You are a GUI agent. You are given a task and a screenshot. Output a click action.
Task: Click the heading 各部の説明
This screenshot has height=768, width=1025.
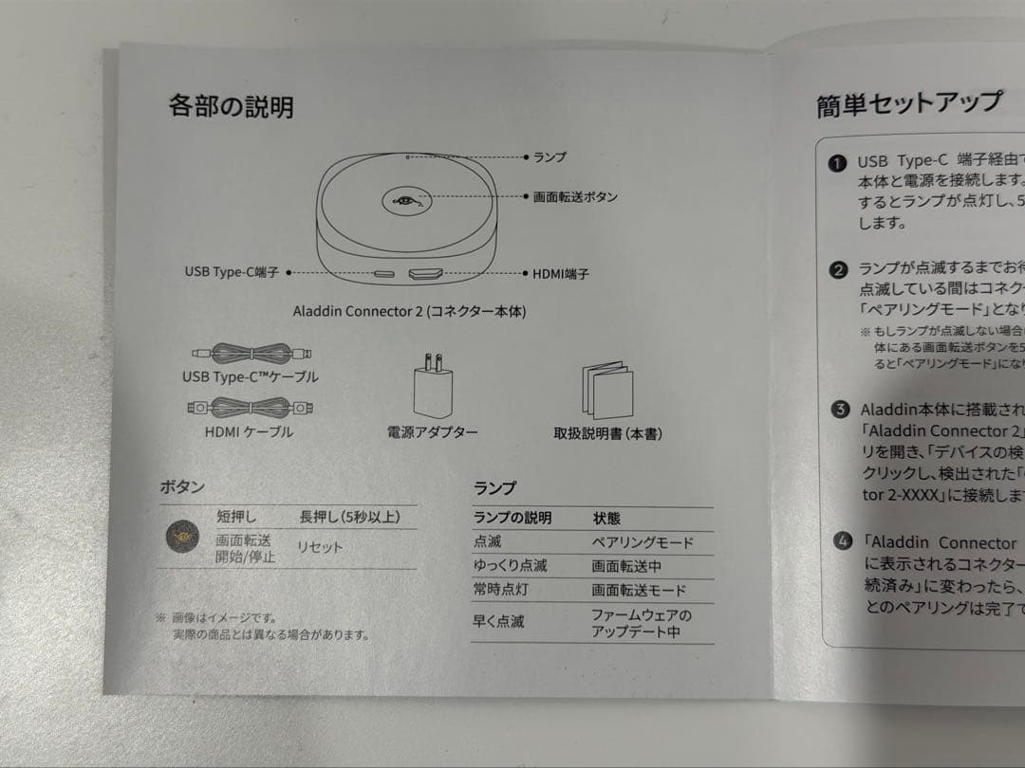231,106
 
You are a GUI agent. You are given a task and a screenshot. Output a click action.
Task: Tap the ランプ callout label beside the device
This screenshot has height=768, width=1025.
550,156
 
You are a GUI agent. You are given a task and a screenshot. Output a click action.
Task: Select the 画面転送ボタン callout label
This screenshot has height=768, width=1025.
575,197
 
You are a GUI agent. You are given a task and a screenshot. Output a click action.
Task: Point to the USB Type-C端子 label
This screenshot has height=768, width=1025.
232,272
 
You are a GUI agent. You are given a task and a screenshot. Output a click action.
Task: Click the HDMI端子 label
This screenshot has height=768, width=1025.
560,274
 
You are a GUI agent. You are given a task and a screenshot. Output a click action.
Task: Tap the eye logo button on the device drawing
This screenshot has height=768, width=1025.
407,200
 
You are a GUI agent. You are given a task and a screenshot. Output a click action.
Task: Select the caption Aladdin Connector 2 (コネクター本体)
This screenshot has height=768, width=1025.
409,311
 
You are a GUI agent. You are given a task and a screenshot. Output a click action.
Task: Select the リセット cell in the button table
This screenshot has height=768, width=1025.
320,547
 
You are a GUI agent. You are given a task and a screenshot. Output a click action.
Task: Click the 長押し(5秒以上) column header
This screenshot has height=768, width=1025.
348,517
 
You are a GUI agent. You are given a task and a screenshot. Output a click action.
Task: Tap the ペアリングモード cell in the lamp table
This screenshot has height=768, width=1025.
643,543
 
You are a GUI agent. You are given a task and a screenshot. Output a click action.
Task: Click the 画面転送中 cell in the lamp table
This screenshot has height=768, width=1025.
628,566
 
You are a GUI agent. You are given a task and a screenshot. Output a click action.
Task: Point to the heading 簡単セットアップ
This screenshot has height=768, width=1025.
908,103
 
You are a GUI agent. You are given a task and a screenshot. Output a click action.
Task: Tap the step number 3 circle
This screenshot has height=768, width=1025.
839,410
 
